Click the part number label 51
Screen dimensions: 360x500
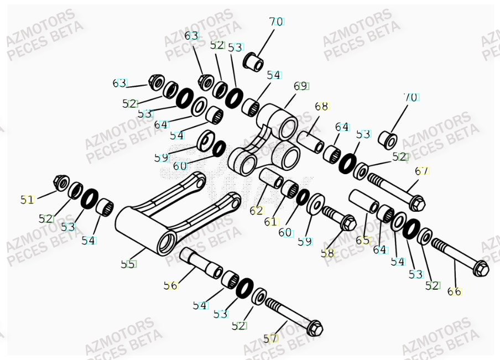[27, 200]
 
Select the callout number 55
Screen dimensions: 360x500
[128, 264]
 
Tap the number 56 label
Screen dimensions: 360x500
[171, 285]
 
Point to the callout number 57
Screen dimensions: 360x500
[270, 338]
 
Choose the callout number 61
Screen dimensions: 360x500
[270, 222]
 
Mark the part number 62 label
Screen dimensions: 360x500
[256, 211]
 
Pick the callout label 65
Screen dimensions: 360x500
[362, 241]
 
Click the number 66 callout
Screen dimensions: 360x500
[455, 291]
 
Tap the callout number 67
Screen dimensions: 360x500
[421, 171]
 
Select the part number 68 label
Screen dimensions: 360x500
[321, 106]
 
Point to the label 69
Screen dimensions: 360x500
[301, 86]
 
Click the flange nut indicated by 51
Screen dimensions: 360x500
[61, 181]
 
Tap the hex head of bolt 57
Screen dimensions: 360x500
[315, 328]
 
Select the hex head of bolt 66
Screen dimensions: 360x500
[481, 268]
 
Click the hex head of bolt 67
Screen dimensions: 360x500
[418, 202]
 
